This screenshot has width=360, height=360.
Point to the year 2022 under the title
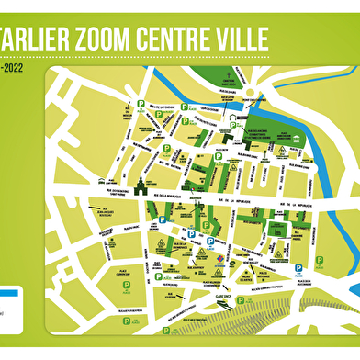pyautogui.click(x=13, y=67)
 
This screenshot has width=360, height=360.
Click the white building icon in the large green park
pyautogui.click(x=236, y=120)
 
